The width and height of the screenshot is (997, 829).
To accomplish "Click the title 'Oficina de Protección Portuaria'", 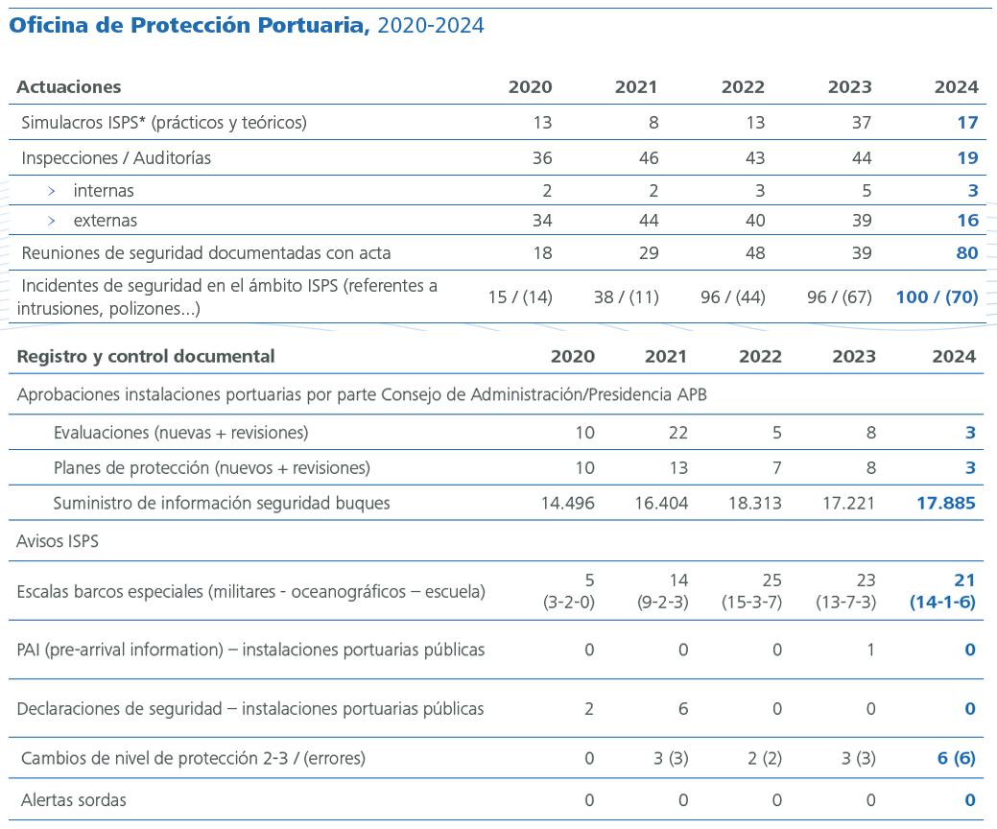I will click(x=189, y=26).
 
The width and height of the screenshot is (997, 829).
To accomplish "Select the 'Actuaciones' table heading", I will click(x=69, y=86).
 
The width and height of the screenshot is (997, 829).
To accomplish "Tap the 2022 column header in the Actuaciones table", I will click(x=743, y=86).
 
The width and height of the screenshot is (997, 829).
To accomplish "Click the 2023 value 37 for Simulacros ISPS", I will click(x=861, y=122).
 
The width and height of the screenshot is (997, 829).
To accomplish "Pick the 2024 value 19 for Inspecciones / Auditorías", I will click(x=967, y=157).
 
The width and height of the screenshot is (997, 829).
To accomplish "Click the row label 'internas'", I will click(x=104, y=191).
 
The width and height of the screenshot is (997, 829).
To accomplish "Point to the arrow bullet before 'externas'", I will click(x=51, y=221).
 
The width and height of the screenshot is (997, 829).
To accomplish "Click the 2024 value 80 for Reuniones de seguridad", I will click(x=967, y=253).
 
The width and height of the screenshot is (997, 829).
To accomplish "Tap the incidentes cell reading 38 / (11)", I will click(x=626, y=297).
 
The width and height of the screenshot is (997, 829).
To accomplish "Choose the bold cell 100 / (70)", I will click(x=937, y=297).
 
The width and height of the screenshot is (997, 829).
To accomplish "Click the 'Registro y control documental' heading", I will click(x=146, y=356).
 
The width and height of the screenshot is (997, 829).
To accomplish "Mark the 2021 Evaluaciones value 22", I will click(x=677, y=433).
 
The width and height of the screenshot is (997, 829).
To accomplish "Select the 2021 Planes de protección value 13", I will click(x=677, y=468).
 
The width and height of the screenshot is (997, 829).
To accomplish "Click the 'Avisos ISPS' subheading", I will click(x=58, y=541).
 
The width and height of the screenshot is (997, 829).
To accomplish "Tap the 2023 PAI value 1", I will click(x=870, y=650).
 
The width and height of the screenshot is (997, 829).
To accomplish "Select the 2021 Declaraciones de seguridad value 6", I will click(x=683, y=709).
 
